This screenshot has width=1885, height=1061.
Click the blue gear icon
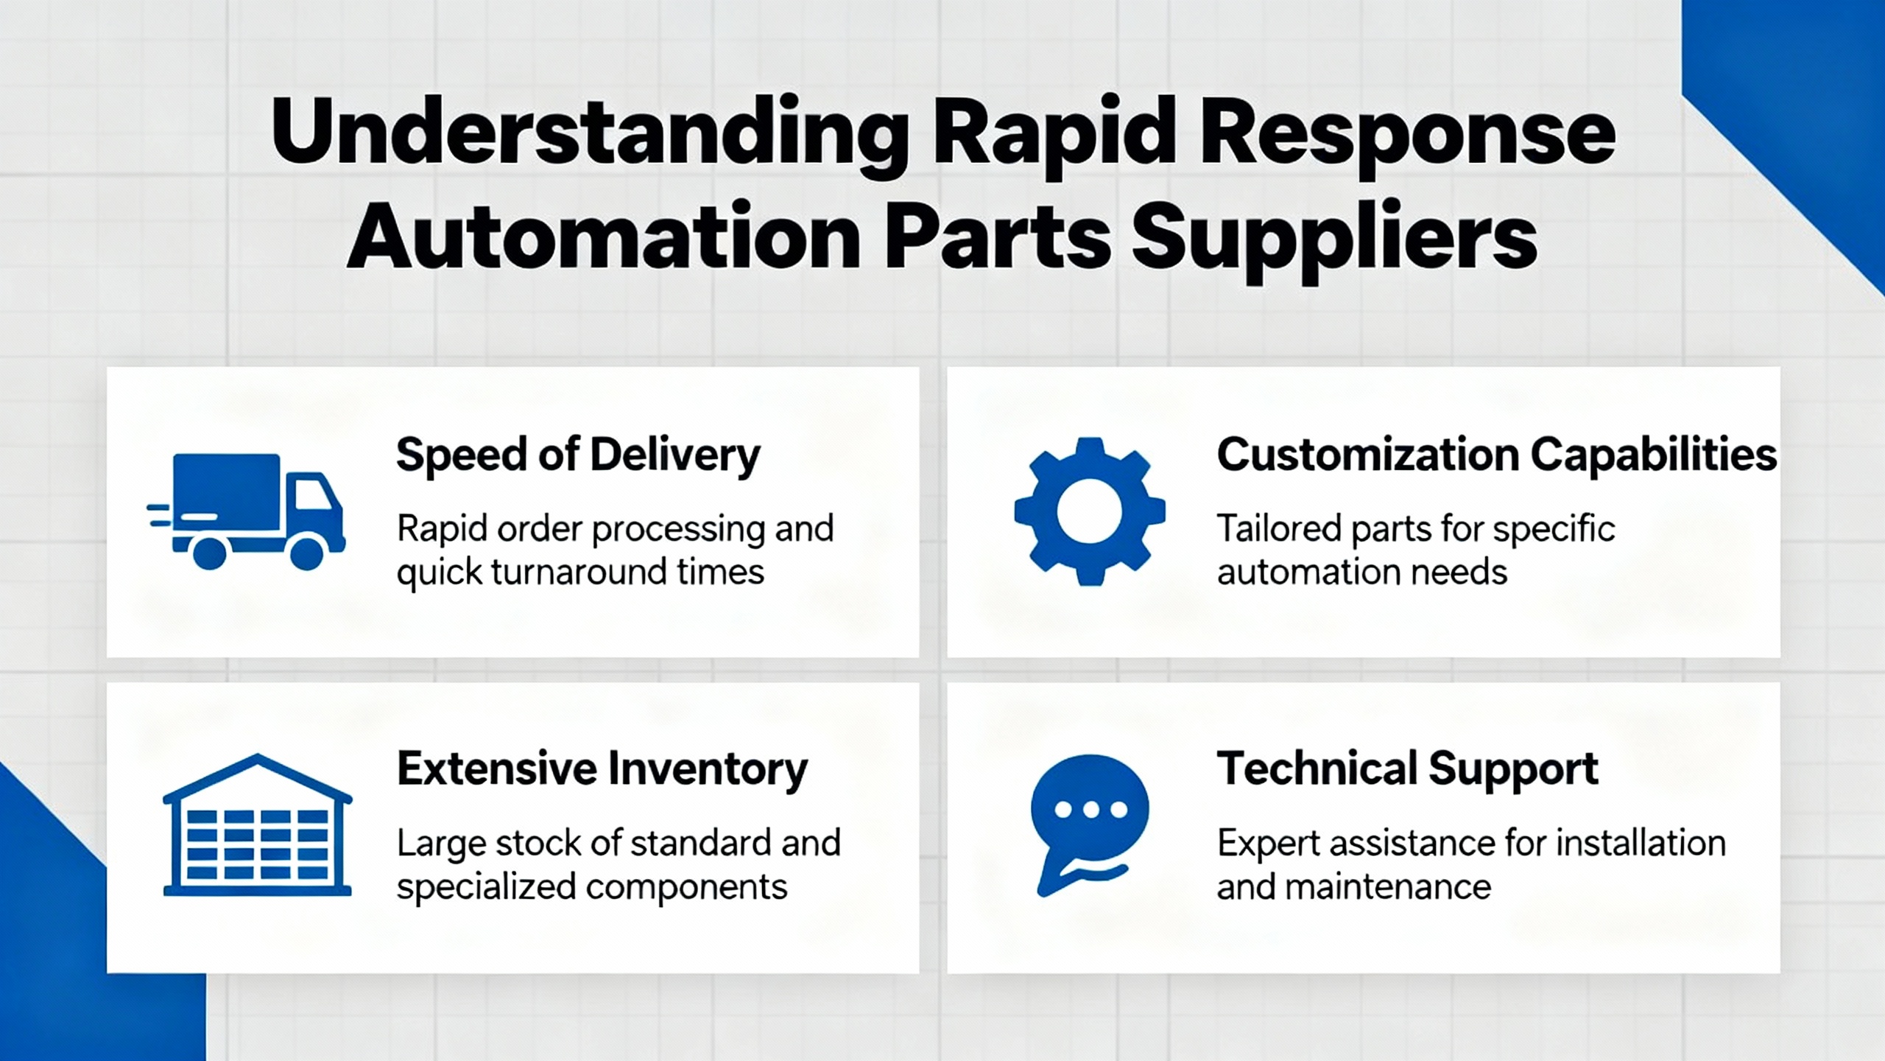(x=1090, y=512)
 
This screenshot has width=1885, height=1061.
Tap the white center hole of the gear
(x=1090, y=512)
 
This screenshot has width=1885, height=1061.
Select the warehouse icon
(x=257, y=824)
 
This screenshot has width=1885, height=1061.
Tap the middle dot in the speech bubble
(x=1091, y=810)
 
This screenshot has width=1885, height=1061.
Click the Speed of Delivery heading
(x=578, y=456)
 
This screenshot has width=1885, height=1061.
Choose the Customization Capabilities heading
(x=1496, y=455)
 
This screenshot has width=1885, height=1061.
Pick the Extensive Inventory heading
(x=602, y=769)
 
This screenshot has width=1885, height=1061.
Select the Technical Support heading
(x=1407, y=769)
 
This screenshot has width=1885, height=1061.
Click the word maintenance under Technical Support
(x=1388, y=886)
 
